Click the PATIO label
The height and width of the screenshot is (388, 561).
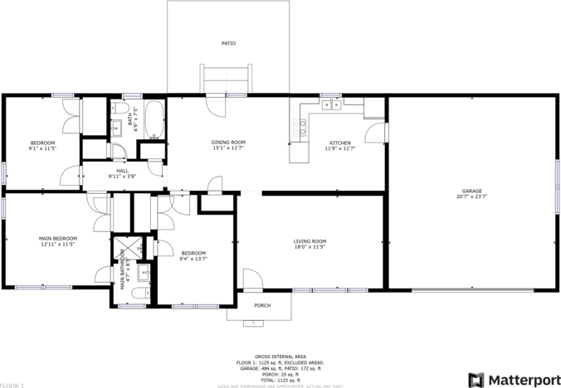[x=227, y=43]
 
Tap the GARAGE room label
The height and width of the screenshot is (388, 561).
[x=469, y=192]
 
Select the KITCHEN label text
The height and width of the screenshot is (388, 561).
[x=340, y=143]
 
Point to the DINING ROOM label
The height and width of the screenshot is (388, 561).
[x=228, y=143]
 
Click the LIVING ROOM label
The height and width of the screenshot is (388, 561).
[x=310, y=241]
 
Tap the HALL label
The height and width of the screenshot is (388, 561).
[x=122, y=171]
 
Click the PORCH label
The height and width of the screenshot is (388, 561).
[x=262, y=305]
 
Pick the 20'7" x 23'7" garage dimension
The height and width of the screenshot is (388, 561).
[x=469, y=197]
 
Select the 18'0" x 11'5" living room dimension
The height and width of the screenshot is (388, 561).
[x=310, y=247]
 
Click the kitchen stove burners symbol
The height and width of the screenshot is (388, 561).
[x=300, y=127]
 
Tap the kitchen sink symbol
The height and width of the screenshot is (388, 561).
[x=331, y=104]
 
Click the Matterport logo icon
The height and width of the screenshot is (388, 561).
[x=477, y=380]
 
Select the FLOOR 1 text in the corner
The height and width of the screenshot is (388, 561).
[x=12, y=386]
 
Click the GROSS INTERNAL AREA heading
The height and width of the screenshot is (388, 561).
[x=280, y=356]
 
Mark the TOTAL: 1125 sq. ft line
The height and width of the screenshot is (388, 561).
[x=280, y=380]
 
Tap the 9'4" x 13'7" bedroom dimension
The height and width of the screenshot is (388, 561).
[x=193, y=259]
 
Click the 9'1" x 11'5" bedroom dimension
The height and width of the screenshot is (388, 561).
[x=43, y=148]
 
